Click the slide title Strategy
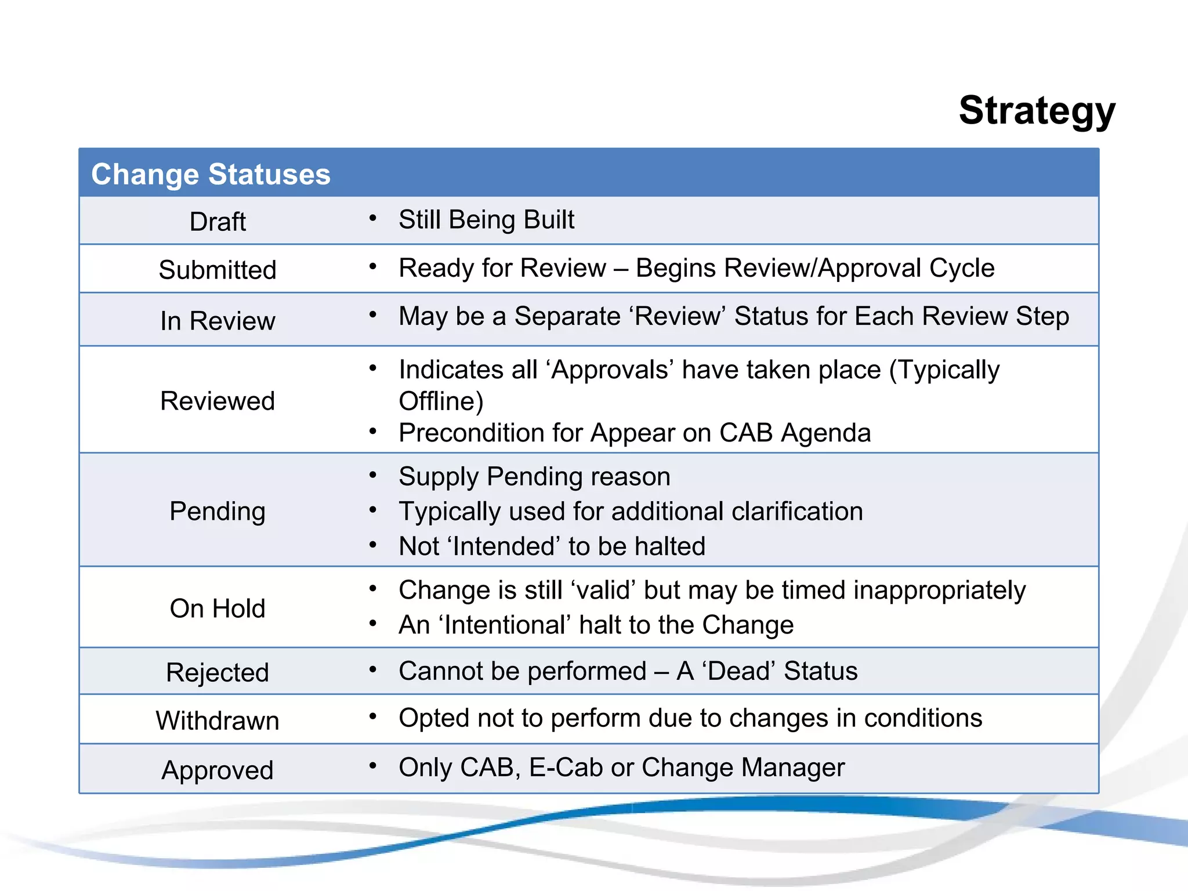tap(1037, 111)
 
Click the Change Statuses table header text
tap(211, 174)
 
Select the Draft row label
tap(218, 222)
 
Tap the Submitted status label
tap(218, 270)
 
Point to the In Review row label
tap(218, 321)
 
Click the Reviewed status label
tap(218, 401)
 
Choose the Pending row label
tap(218, 511)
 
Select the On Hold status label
tap(218, 609)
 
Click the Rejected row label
tap(218, 672)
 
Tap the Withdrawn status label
tap(218, 720)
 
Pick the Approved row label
tap(218, 770)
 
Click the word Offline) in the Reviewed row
tap(441, 401)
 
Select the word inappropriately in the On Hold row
tap(939, 591)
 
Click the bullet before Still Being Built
tap(373, 219)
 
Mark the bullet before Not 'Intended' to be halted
tap(373, 545)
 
